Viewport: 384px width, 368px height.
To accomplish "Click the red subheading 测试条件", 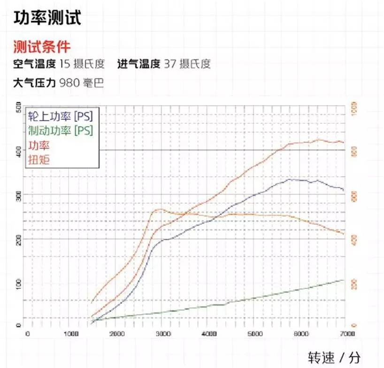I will (42, 47).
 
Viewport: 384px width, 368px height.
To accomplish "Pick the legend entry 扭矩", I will (39, 159).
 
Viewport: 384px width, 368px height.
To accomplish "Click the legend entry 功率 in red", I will (39, 145).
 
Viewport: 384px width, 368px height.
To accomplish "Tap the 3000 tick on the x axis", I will (162, 333).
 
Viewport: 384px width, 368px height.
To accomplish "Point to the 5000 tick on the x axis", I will (253, 333).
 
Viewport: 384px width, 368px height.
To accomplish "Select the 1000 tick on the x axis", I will (71, 333).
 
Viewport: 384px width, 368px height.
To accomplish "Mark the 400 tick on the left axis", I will (19, 150).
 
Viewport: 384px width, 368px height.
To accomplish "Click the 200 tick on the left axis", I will (19, 239).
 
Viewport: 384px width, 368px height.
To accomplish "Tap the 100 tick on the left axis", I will (19, 283).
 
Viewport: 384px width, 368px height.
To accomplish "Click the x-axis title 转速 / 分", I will (334, 357).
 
